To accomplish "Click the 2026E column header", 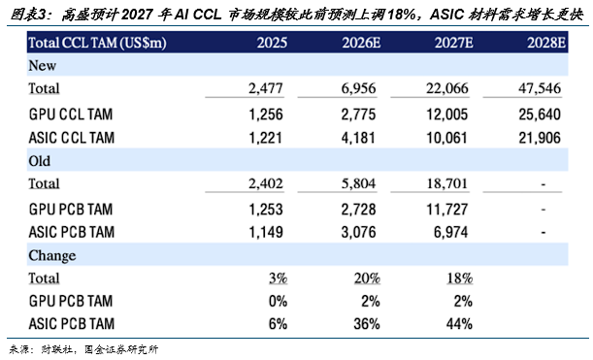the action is [x=361, y=43].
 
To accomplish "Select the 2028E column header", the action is [x=546, y=43].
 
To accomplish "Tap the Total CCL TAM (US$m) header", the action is [x=97, y=43].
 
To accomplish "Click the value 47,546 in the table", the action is [x=540, y=88].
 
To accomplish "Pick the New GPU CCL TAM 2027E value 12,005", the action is [x=447, y=115].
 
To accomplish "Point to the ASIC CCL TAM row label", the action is [x=72, y=138].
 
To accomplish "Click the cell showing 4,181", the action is [x=358, y=138].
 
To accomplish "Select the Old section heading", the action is [x=40, y=161].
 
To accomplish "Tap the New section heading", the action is [x=43, y=65].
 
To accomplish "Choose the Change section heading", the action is [x=52, y=255].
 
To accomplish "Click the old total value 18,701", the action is [x=447, y=183].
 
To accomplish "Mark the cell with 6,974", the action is [x=450, y=232].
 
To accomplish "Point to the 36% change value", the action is [x=367, y=324].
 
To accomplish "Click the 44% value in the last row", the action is [x=459, y=324].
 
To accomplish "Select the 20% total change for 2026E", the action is [x=367, y=278].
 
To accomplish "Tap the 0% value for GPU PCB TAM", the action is [x=278, y=301].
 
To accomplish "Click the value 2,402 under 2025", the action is [x=266, y=183].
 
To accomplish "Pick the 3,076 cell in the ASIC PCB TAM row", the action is [x=358, y=232].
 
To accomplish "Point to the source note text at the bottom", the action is [x=83, y=349].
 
